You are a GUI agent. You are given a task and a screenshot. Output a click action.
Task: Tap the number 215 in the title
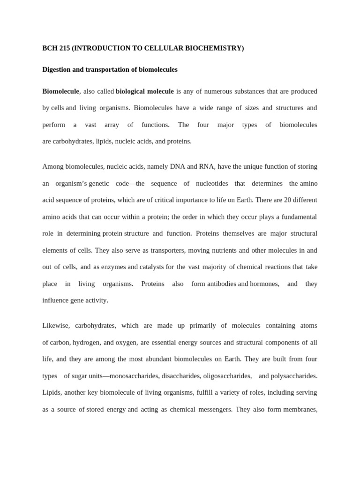point(65,48)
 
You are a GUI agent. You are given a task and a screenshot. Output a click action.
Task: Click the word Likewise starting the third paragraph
point(55,325)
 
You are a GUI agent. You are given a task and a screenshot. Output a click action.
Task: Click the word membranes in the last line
point(299,409)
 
